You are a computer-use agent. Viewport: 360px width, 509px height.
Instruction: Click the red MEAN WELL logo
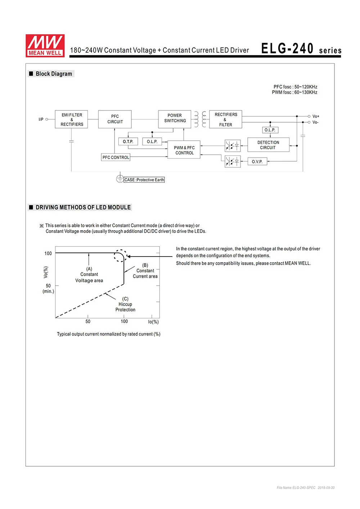tap(45, 46)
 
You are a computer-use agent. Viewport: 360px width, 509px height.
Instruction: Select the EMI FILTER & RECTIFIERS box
tap(72, 119)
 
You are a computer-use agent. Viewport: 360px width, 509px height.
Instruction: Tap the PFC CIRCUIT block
tap(115, 119)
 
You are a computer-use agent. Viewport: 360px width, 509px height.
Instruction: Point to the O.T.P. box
tap(128, 141)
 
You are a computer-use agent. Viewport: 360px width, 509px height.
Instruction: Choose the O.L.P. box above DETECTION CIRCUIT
tap(270, 130)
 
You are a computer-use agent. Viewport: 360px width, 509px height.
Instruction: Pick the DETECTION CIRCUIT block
tap(268, 145)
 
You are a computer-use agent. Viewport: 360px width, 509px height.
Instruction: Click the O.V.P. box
tap(257, 162)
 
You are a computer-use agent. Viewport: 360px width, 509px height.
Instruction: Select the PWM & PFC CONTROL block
tap(184, 150)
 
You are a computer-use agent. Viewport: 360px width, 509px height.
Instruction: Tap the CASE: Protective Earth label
tap(144, 180)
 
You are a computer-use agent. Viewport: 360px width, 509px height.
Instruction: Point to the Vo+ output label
tap(316, 116)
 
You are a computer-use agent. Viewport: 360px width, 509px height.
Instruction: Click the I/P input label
tap(41, 119)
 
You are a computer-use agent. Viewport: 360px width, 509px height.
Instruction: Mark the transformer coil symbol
tap(200, 119)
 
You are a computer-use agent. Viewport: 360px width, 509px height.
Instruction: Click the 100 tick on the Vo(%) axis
tap(48, 253)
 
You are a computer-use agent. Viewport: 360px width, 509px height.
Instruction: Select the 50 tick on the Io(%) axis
tap(88, 321)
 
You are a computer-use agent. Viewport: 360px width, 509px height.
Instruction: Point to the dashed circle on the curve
tap(120, 256)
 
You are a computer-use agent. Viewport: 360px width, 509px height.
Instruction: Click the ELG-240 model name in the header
tap(287, 49)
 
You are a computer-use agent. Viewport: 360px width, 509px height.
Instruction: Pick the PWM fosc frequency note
tap(294, 92)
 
